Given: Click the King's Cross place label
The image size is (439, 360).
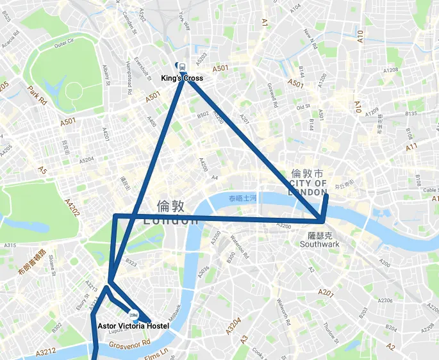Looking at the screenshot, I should (182, 78).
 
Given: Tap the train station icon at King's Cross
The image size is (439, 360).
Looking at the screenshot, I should (182, 66).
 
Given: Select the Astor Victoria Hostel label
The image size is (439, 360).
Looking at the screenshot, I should (133, 326).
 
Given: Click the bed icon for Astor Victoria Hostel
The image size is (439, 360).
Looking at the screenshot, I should (134, 315).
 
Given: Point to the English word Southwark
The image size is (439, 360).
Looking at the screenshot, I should (319, 244).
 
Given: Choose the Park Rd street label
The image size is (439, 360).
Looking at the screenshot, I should (37, 95).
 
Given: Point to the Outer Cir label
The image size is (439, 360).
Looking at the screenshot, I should (64, 44).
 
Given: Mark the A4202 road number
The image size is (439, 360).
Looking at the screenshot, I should (72, 209).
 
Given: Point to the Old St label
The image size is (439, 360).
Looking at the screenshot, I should (303, 108).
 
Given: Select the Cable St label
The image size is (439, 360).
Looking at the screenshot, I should (430, 190).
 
